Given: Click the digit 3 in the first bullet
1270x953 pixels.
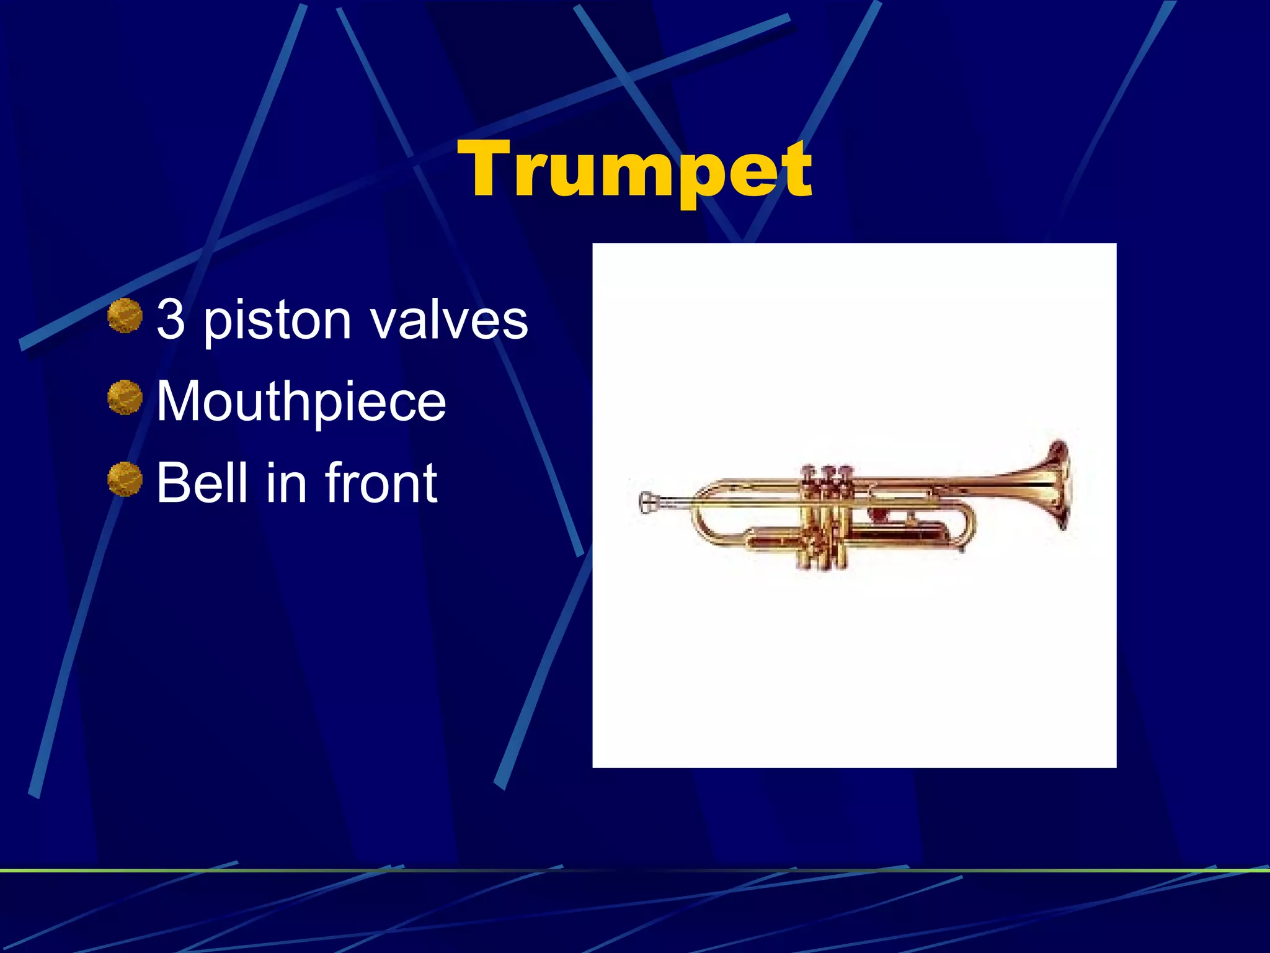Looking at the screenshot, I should click(x=171, y=319).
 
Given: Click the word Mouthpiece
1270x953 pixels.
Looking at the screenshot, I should click(x=301, y=402).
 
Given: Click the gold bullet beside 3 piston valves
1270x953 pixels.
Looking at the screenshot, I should click(x=125, y=316).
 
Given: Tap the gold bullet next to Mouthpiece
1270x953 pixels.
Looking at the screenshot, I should click(x=125, y=397).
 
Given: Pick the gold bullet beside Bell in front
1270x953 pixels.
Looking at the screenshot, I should click(x=125, y=479).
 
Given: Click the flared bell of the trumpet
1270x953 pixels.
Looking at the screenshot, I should click(x=1054, y=484).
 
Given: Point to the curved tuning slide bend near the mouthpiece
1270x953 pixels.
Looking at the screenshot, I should click(x=699, y=524).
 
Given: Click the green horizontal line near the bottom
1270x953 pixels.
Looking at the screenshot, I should click(x=635, y=871).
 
